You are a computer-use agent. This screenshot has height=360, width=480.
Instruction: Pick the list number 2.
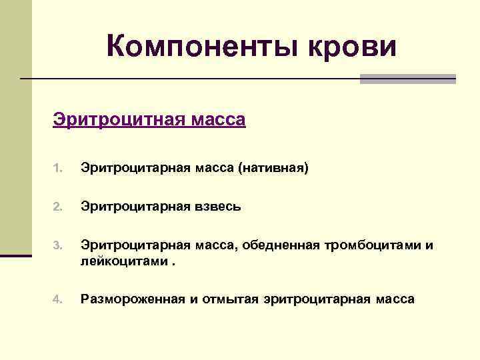tap(57, 207)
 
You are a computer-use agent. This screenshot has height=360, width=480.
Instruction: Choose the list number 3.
tap(57, 247)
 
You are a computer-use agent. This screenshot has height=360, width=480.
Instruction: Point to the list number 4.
tap(57, 300)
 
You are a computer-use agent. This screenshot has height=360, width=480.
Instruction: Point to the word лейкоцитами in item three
tap(124, 260)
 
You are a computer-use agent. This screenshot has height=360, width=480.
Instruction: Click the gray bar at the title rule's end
tap(407, 79)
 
